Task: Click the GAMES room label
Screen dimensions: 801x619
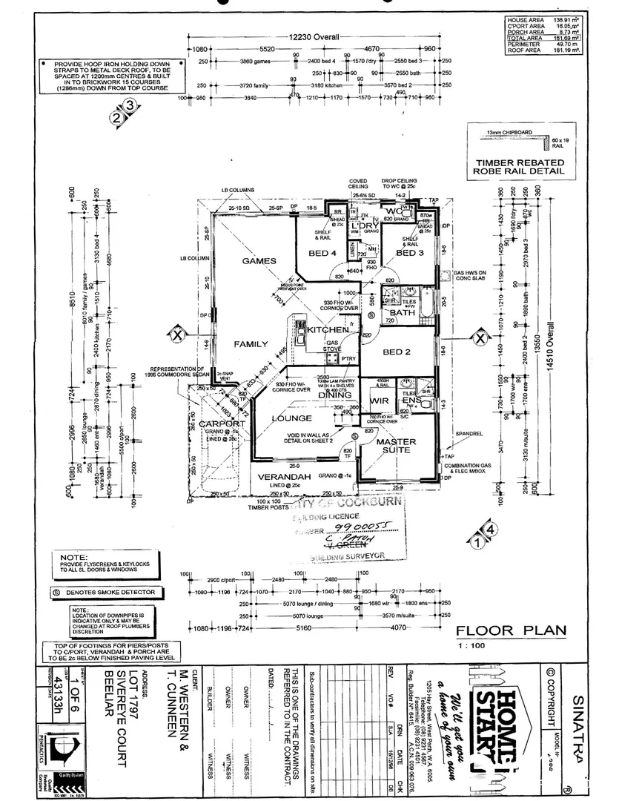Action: click(x=258, y=261)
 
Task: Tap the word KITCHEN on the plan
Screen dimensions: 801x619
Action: click(x=328, y=329)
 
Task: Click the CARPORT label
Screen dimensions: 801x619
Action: click(x=220, y=424)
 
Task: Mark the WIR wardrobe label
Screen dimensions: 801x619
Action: click(x=380, y=401)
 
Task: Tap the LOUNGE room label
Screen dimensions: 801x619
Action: click(x=292, y=418)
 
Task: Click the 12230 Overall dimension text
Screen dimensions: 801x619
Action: click(x=314, y=36)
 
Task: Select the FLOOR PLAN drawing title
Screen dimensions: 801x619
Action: click(x=511, y=631)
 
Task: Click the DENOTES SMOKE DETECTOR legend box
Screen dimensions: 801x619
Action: click(x=105, y=593)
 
